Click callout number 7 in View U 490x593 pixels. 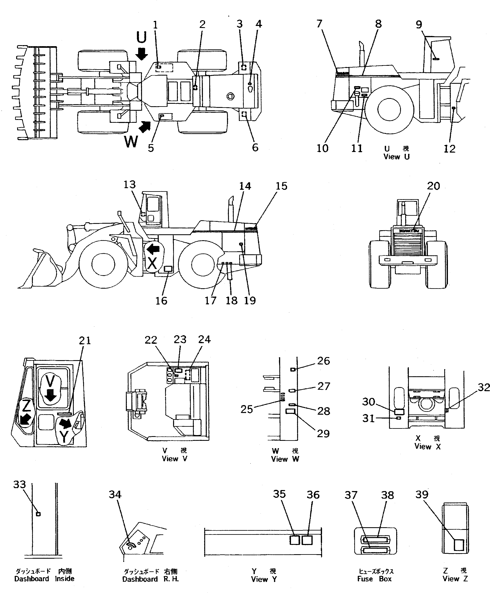click(x=319, y=24)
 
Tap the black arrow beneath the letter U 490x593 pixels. click(x=141, y=54)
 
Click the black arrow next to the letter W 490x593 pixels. click(x=145, y=127)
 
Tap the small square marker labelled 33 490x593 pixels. click(x=39, y=514)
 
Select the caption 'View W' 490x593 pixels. click(x=285, y=459)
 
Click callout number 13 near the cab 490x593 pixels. click(x=130, y=185)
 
